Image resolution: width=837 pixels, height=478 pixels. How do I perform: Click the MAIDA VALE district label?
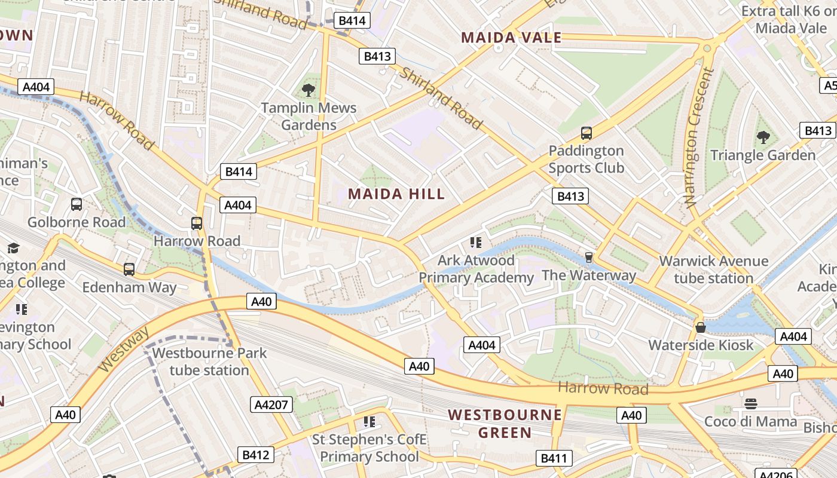(x=511, y=38)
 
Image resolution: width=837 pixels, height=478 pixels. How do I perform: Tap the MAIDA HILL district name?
(x=396, y=194)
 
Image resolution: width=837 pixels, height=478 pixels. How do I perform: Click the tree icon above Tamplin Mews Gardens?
(x=308, y=90)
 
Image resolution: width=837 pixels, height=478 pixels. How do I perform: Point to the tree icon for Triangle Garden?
(x=763, y=137)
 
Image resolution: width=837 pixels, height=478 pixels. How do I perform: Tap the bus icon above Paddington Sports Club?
(x=586, y=133)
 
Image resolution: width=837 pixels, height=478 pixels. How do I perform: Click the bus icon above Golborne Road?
(x=77, y=204)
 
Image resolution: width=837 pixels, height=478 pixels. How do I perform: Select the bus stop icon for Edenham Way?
(x=129, y=269)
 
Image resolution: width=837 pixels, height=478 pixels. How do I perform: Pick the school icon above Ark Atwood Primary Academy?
(x=476, y=242)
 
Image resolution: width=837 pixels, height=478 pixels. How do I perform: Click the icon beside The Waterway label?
(x=589, y=258)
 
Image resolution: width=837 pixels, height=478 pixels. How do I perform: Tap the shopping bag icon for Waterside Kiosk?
(x=701, y=327)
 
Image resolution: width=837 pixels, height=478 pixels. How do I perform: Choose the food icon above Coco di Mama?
(x=751, y=404)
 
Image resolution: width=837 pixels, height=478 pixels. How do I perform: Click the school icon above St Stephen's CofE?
(x=369, y=422)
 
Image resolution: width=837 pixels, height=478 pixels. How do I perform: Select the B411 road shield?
(x=553, y=458)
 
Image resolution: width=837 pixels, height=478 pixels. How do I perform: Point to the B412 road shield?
(x=255, y=455)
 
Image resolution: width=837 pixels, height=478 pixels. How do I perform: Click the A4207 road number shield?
(x=271, y=405)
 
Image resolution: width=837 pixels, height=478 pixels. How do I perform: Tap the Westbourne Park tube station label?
(x=209, y=361)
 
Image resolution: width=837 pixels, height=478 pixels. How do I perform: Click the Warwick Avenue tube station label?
(x=713, y=269)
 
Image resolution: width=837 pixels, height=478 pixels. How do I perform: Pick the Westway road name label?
(x=122, y=350)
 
